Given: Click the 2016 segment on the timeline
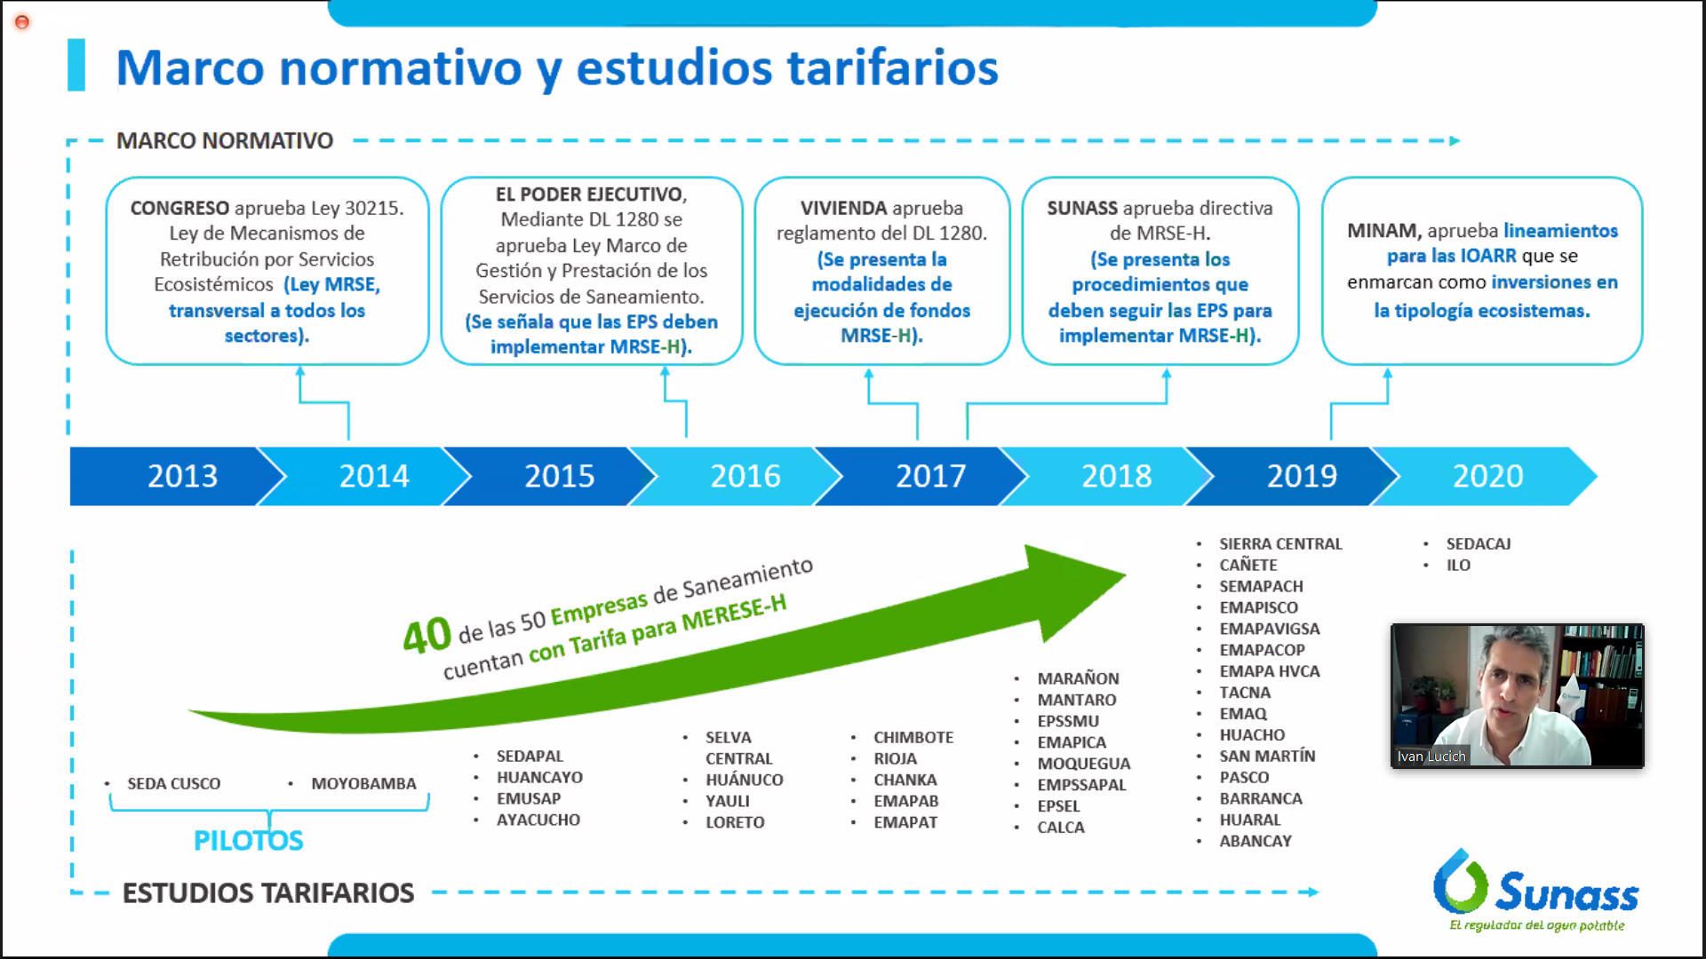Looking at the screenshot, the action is point(745,476).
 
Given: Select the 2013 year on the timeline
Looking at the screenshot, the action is point(182,476).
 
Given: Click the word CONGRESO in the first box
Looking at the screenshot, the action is point(179,208).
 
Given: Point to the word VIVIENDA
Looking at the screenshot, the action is point(843,208).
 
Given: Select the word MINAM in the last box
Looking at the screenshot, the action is point(1383,231).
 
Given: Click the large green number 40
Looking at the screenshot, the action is point(426,635).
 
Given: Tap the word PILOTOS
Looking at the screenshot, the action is point(249,840).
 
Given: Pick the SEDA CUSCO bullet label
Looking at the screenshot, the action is point(173,783).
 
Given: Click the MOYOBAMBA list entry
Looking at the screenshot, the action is point(363,783).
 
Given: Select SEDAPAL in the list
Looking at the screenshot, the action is point(530,756).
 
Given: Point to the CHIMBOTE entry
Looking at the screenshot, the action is point(913,737).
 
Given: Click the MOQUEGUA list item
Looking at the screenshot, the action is point(1084,764).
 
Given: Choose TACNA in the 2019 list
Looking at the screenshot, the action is point(1245,693).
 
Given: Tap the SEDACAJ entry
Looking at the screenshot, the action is point(1479,543).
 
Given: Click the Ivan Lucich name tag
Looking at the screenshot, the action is point(1431,757).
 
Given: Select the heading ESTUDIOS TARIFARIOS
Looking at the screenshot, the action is point(268,892).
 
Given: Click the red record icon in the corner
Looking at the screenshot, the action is point(22,22).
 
